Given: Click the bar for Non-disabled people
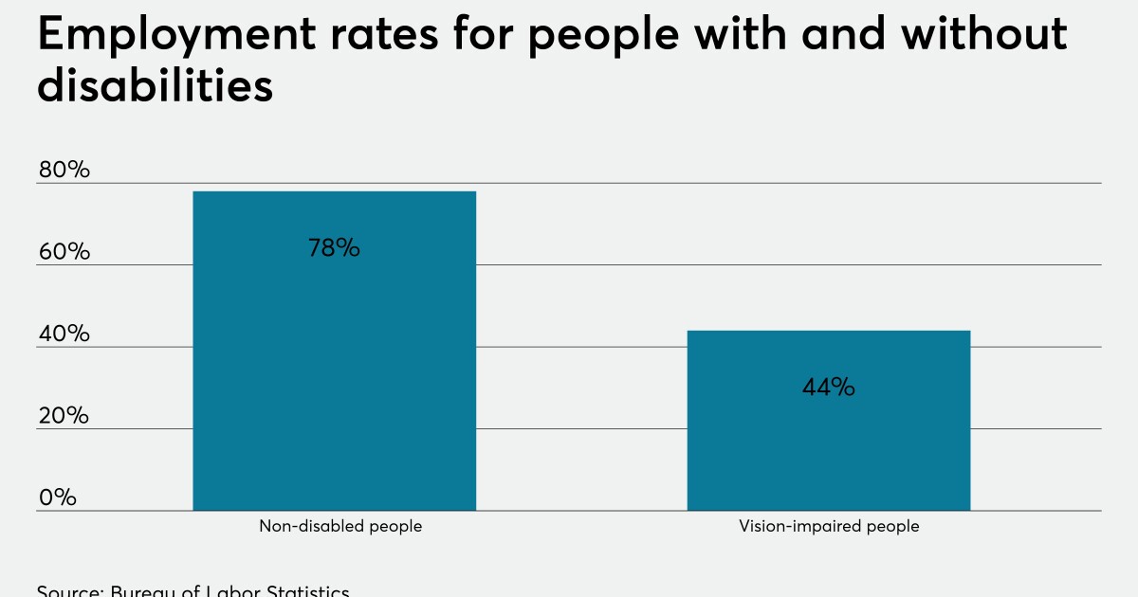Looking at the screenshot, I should [334, 351].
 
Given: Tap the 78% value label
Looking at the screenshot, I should [334, 248].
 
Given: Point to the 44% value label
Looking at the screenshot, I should [828, 387].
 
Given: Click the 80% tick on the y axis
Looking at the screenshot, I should [64, 171].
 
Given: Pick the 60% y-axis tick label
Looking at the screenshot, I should [64, 252].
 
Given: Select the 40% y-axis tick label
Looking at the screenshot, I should [64, 335].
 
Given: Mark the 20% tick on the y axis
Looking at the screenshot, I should [64, 416].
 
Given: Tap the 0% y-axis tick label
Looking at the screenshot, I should [57, 497].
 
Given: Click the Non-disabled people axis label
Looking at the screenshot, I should [340, 526].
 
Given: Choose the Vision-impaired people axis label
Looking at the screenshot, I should [829, 526].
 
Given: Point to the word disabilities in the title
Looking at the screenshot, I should [155, 87].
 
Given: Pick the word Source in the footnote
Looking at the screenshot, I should [68, 591].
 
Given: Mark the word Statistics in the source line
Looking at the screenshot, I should [306, 591].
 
